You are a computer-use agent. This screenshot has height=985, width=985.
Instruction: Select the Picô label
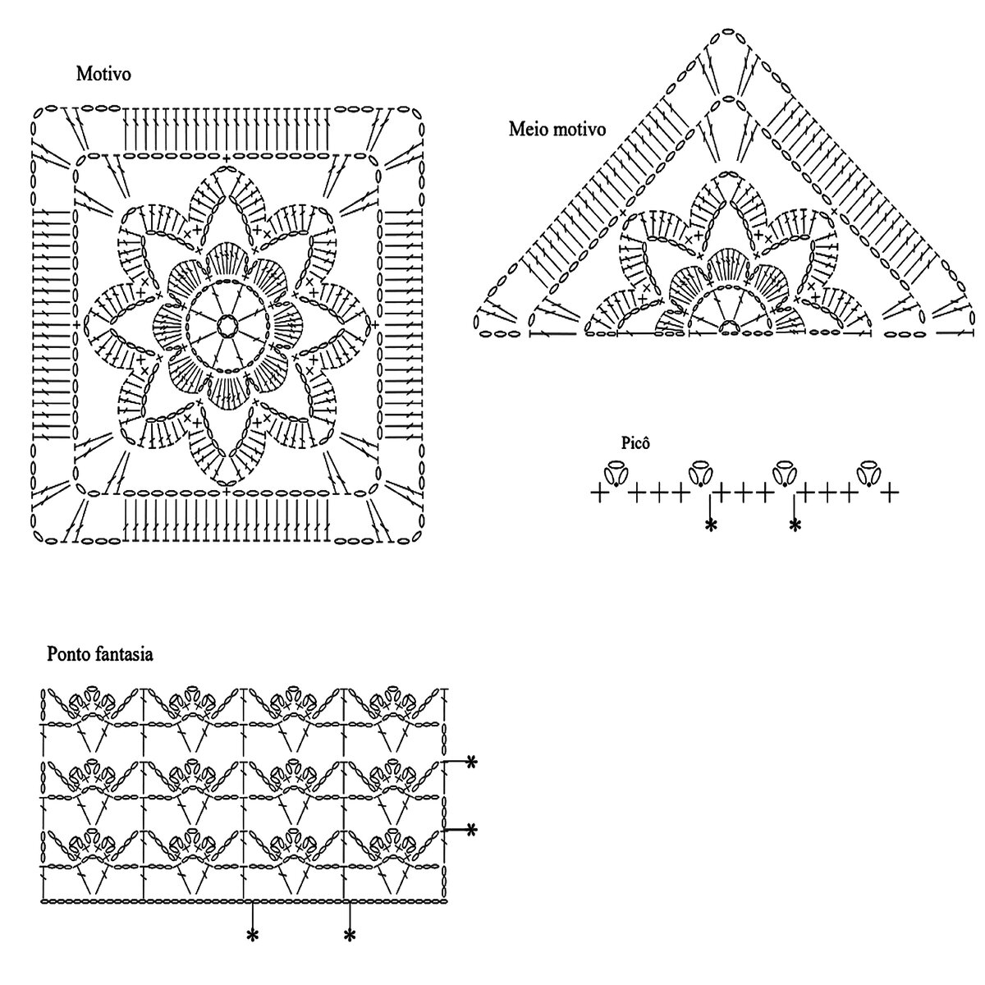(636, 443)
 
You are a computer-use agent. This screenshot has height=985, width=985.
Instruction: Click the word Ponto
(69, 654)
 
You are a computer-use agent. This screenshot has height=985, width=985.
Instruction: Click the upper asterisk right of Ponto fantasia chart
(471, 763)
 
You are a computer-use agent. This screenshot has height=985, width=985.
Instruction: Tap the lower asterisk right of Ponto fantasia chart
(471, 831)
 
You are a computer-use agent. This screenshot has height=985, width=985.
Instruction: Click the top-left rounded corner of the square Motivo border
(39, 114)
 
